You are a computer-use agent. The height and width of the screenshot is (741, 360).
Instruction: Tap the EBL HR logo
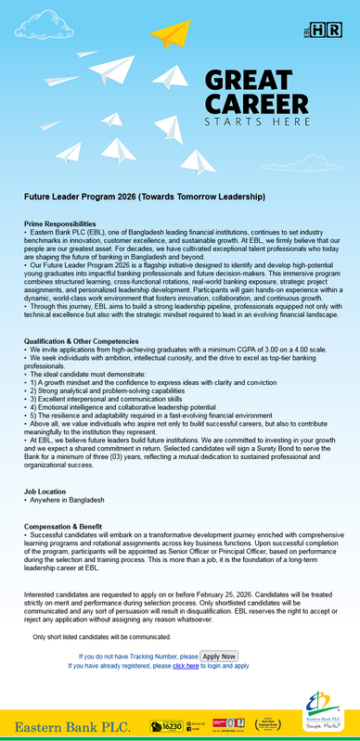(x=333, y=31)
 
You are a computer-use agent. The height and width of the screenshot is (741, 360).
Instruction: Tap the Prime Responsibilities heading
(x=59, y=224)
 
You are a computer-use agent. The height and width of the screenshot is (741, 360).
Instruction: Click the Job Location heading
(x=46, y=490)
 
